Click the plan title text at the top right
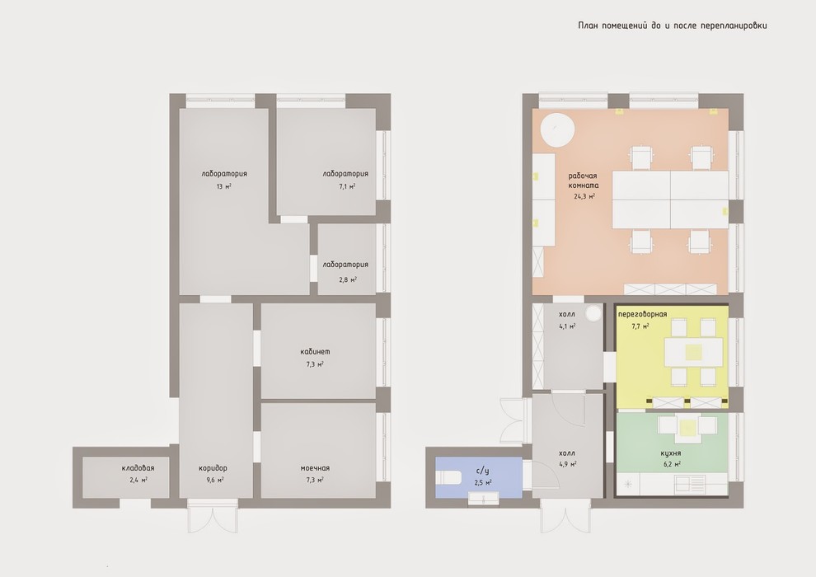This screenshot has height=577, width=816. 673,25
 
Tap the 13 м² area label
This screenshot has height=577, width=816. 223,186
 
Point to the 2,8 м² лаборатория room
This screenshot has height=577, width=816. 346,259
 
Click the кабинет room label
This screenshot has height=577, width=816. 315,352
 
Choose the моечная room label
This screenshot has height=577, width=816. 315,467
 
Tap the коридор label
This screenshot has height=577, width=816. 213,467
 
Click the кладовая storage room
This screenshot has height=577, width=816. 125,477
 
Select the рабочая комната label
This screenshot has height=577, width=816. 584,181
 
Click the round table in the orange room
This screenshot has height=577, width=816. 558,129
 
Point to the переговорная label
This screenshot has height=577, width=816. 642,314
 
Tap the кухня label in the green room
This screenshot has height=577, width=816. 671,453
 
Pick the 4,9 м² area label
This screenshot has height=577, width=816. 567,464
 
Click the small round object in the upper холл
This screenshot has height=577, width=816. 593,313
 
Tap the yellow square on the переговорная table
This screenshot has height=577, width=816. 693,353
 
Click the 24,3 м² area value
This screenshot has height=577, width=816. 584,197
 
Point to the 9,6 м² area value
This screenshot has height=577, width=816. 213,480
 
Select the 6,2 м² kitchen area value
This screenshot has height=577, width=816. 672,464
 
